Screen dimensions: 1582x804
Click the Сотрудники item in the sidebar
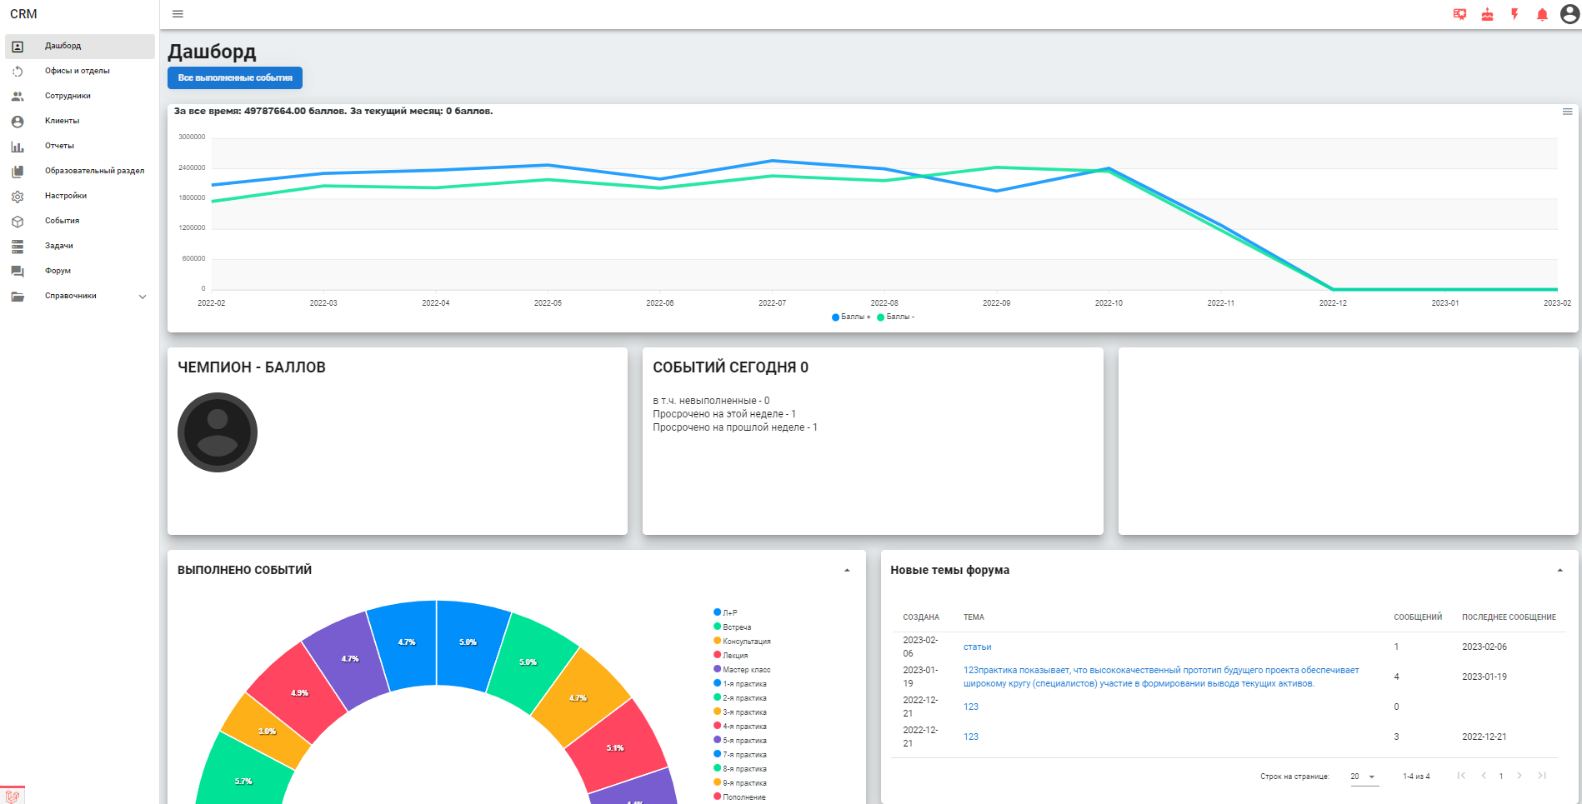click(x=68, y=96)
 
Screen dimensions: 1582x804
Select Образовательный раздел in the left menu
click(x=94, y=171)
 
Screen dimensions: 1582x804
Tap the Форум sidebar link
click(x=58, y=271)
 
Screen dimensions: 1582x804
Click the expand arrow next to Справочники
click(x=143, y=297)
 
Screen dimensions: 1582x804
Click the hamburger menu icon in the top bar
click(x=178, y=14)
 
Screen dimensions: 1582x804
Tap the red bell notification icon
click(x=1542, y=14)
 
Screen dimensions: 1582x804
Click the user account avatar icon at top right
click(x=1569, y=14)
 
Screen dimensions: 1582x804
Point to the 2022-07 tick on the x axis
click(x=772, y=303)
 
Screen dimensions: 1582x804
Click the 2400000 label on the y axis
click(x=192, y=167)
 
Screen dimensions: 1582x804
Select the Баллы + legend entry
click(x=851, y=317)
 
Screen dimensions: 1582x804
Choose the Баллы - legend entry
click(x=896, y=317)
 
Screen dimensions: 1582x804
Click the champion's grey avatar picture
click(x=218, y=432)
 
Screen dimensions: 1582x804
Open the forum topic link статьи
click(x=978, y=647)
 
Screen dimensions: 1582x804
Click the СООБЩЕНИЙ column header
click(x=1418, y=617)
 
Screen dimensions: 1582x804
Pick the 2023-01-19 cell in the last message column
click(x=1484, y=677)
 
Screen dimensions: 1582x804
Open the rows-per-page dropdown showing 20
click(x=1364, y=777)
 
